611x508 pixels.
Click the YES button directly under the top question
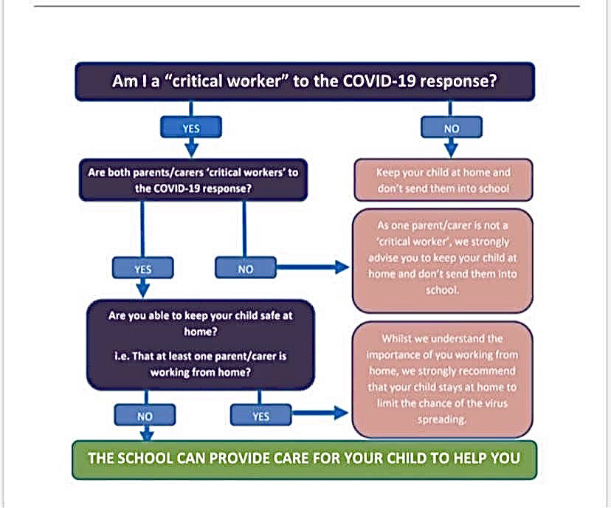[191, 128]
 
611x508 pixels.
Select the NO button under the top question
[452, 128]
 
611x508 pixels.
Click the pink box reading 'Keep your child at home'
[443, 180]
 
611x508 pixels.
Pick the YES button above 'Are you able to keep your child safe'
[143, 269]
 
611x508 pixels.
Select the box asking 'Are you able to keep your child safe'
[201, 343]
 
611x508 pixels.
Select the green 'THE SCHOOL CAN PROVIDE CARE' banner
[304, 458]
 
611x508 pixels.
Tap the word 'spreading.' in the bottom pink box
[443, 420]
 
